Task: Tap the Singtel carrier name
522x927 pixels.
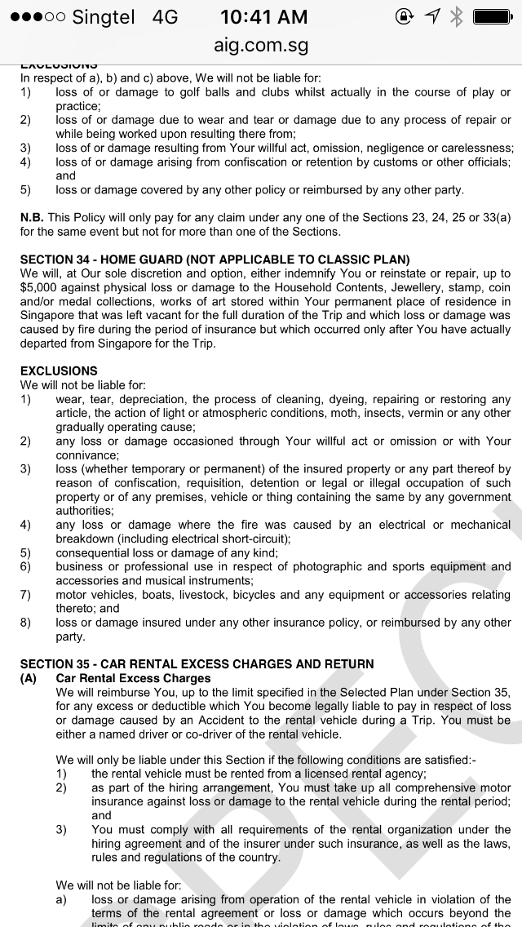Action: (x=104, y=16)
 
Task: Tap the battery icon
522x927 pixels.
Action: (x=493, y=16)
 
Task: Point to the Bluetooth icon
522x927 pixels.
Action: (x=456, y=16)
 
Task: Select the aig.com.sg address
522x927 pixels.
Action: (x=261, y=46)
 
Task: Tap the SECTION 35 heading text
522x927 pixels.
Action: (x=197, y=664)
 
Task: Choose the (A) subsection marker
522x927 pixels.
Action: (x=29, y=678)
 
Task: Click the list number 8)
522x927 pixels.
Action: (x=25, y=623)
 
